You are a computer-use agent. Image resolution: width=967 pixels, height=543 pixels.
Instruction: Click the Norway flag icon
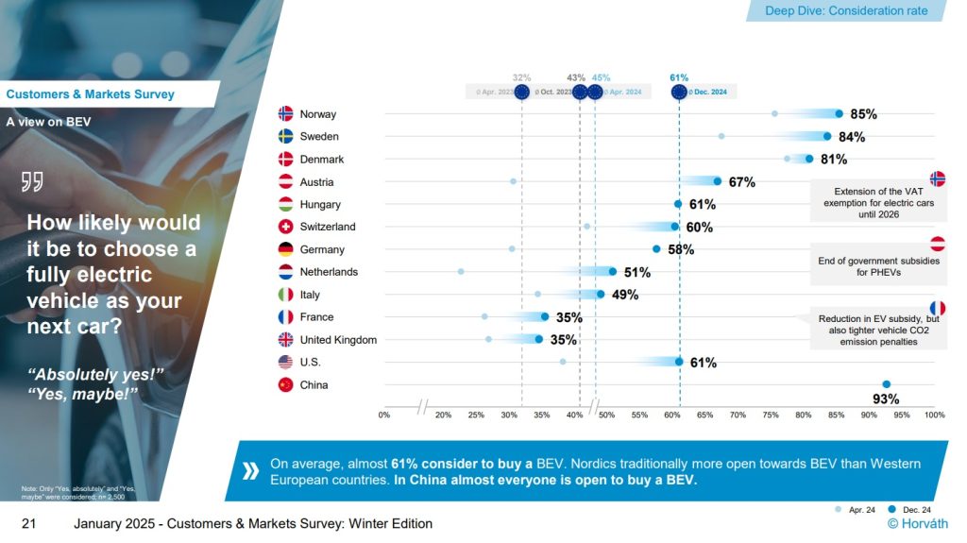(x=285, y=114)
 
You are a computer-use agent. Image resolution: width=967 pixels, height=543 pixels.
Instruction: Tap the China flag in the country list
(x=285, y=385)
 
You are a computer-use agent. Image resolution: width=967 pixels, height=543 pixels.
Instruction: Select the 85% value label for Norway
(x=863, y=114)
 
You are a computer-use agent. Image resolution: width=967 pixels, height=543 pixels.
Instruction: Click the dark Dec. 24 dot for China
(x=886, y=384)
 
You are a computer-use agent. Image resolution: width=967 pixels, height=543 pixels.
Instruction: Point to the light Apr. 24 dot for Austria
(x=514, y=181)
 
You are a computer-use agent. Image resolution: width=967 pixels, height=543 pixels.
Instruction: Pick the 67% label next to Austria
(x=741, y=182)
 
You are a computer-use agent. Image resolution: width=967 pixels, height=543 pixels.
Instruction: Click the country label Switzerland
(x=328, y=227)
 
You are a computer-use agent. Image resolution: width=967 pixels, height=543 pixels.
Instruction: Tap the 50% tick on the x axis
(x=607, y=415)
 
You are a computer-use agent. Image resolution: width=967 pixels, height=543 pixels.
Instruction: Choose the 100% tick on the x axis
(x=934, y=415)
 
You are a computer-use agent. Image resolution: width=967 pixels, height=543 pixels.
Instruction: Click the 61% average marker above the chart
(x=679, y=92)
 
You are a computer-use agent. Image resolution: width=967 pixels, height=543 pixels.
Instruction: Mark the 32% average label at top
(x=521, y=77)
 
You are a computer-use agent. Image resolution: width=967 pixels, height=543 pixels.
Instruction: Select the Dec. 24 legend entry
(x=911, y=510)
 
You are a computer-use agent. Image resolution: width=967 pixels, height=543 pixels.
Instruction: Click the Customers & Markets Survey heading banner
(x=91, y=94)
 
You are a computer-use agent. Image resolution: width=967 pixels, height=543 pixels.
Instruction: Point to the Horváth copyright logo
(x=918, y=524)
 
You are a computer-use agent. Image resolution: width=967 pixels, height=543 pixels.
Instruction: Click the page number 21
(x=29, y=524)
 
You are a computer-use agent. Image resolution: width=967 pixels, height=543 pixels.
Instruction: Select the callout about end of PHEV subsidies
(x=878, y=266)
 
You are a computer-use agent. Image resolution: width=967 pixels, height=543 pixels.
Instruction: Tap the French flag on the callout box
(x=938, y=308)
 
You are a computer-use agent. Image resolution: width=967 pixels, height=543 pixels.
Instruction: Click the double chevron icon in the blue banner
(x=250, y=471)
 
